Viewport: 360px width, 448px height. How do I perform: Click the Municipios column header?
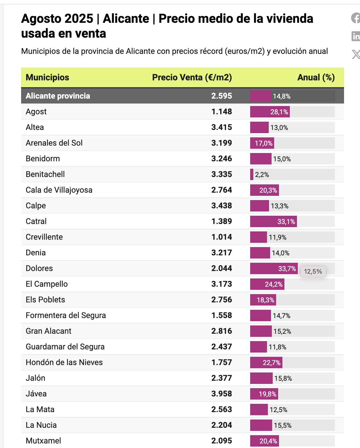[47, 78]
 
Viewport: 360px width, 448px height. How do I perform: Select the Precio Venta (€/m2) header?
[192, 78]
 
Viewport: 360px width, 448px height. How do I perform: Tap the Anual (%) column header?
[316, 78]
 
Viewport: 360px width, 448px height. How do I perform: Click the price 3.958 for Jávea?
[222, 394]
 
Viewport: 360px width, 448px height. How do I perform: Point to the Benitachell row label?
[45, 174]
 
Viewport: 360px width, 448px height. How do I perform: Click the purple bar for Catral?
[274, 221]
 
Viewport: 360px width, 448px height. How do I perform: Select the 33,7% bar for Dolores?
[274, 268]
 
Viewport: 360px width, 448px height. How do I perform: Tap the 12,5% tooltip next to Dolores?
[313, 272]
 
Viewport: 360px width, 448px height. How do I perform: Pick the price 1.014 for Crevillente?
[222, 237]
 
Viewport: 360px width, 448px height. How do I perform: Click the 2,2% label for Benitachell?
[262, 174]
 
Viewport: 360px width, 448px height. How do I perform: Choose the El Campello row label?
[47, 284]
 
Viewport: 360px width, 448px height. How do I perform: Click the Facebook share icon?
[356, 18]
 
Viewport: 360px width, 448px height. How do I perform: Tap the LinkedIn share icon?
[356, 36]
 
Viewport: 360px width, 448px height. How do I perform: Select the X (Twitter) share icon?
[356, 54]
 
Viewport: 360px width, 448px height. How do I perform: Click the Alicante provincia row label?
[58, 96]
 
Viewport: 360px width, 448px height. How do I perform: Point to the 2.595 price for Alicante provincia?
[222, 96]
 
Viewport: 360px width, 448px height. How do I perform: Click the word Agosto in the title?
[57, 19]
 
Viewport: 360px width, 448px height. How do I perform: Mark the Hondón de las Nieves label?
[64, 363]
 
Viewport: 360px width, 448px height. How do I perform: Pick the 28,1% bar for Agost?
[270, 112]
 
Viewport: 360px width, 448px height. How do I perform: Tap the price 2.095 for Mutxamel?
[222, 441]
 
